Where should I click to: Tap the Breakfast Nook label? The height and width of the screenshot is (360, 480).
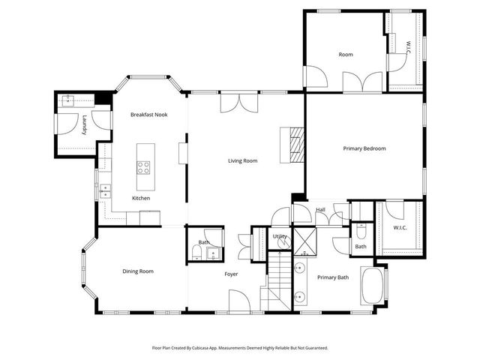point(148,115)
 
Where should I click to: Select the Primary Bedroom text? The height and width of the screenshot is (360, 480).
point(364,148)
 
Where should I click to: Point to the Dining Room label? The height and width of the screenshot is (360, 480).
point(138,271)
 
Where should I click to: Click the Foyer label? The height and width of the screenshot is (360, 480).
point(231,274)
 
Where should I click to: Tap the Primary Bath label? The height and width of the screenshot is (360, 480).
point(333,277)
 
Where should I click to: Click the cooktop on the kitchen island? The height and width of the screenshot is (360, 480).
point(142,168)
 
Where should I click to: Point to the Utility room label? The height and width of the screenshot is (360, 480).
point(280,236)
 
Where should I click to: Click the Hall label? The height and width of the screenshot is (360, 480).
point(320,210)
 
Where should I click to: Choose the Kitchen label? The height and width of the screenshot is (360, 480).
point(141,198)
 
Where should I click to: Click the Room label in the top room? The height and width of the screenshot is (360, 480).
point(346,55)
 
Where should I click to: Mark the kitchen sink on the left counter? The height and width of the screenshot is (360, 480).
point(105,190)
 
